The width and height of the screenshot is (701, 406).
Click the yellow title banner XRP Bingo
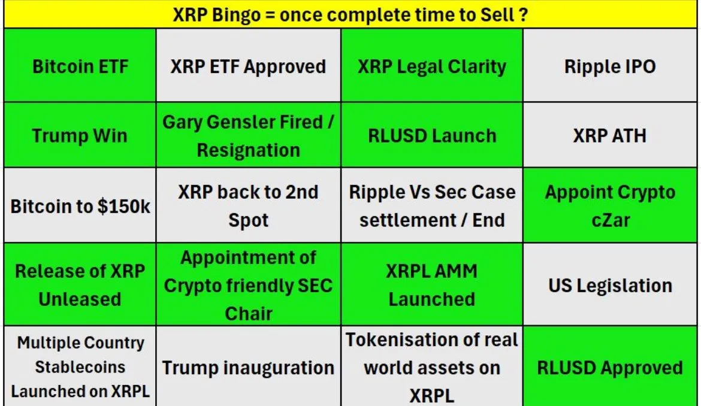[350, 15]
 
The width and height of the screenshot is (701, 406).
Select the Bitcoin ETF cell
[80, 66]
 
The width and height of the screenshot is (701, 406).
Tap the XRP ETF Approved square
[249, 66]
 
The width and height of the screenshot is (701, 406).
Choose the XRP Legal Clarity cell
[432, 66]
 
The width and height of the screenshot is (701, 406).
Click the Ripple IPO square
[610, 66]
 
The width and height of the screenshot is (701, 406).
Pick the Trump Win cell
[80, 135]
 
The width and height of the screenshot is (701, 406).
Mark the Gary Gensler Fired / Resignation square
[249, 135]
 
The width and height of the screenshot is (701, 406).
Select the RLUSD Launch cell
[432, 135]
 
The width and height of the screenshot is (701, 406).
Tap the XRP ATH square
[610, 135]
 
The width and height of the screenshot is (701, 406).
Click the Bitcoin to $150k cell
[80, 205]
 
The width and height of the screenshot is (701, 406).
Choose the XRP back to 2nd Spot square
[249, 205]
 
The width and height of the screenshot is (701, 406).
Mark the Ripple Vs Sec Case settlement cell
[432, 205]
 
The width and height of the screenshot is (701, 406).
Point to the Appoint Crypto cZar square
[610, 205]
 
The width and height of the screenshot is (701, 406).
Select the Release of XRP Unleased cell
[80, 284]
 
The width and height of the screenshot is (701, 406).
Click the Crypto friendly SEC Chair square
[249, 284]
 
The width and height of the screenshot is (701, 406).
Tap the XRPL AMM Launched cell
[432, 284]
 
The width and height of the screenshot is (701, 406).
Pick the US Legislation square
[610, 284]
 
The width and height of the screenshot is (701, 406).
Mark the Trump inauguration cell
[249, 366]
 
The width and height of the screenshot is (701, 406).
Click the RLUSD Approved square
[610, 366]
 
